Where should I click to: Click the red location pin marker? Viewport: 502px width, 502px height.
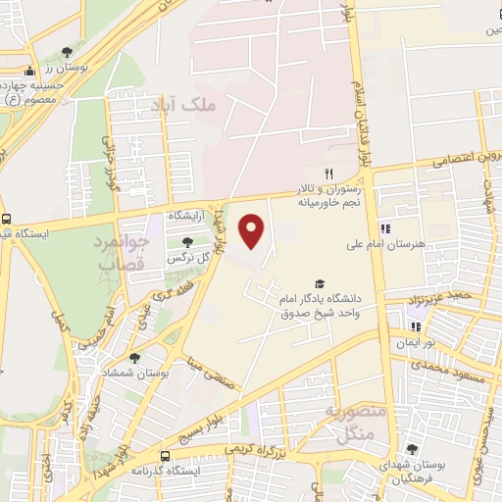pyautogui.click(x=253, y=231)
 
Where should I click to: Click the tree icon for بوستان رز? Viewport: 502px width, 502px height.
pyautogui.click(x=67, y=52)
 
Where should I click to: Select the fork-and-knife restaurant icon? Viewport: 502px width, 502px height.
pyautogui.click(x=315, y=174)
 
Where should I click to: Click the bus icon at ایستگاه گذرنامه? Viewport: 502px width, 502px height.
pyautogui.click(x=165, y=456)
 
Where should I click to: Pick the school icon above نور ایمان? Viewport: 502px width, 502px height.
pyautogui.click(x=416, y=326)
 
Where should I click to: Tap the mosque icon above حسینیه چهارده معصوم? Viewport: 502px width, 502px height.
pyautogui.click(x=30, y=71)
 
